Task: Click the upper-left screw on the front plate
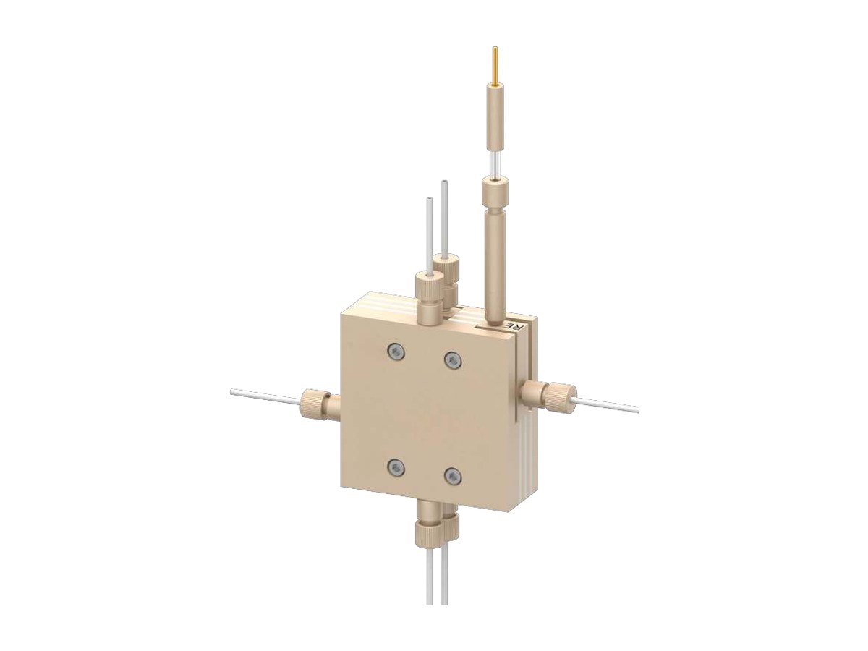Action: pyautogui.click(x=395, y=351)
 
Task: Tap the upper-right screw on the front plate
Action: pyautogui.click(x=451, y=359)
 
